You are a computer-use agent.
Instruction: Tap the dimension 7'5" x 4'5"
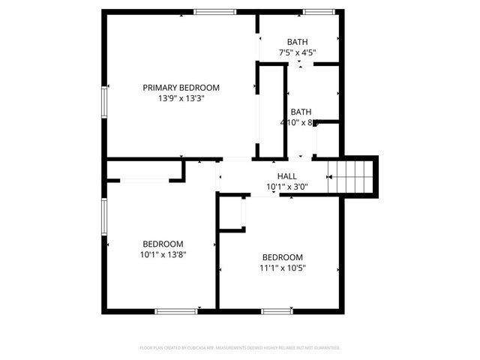tap(298, 52)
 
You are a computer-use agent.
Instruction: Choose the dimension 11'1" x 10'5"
tap(283, 268)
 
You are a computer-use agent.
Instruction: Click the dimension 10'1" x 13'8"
tap(163, 254)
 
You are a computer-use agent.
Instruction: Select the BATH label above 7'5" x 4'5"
tap(298, 42)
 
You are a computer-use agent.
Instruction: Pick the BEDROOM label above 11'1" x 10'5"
tap(283, 256)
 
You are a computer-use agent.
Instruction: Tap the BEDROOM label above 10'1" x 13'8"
tap(163, 244)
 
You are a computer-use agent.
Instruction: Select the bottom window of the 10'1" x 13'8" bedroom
tap(176, 310)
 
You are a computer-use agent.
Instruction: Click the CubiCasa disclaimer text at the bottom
tap(240, 348)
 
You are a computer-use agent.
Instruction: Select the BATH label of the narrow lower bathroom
tap(301, 112)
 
